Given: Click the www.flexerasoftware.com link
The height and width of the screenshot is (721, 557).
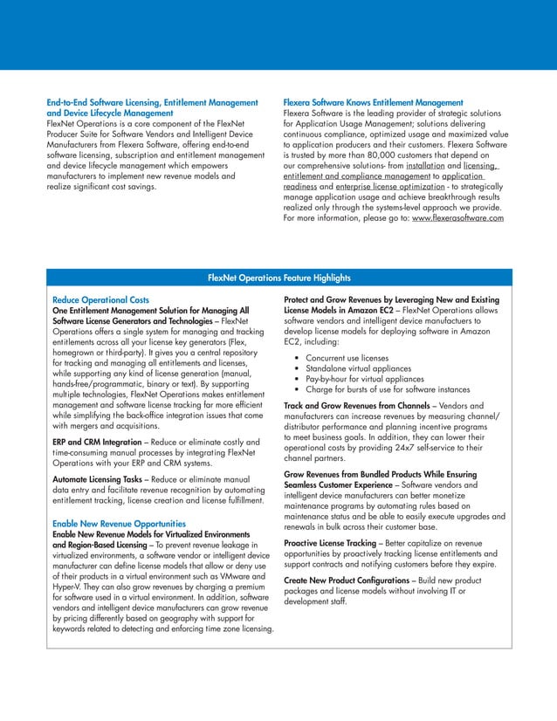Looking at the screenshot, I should [x=457, y=218].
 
